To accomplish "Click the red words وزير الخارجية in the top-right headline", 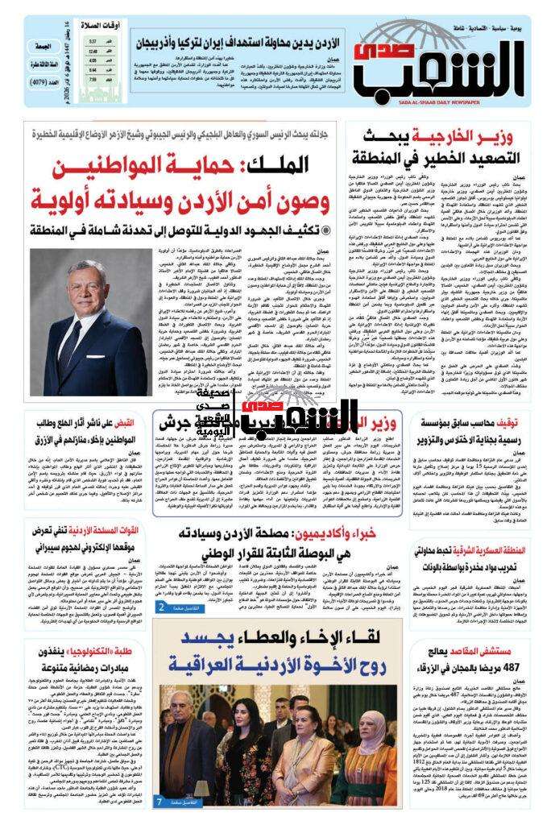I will (481, 135).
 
